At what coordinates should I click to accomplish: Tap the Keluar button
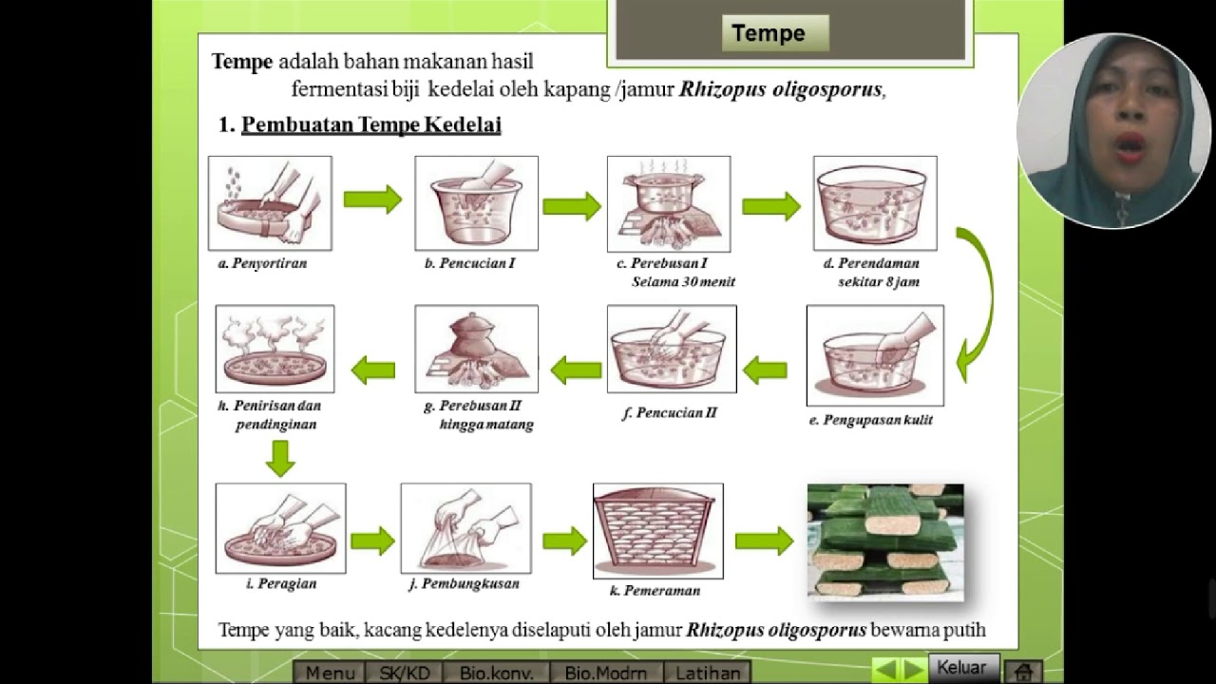(961, 667)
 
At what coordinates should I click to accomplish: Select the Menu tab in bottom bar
(330, 673)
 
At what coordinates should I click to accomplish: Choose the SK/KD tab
(405, 673)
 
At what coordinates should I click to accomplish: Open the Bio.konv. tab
(496, 673)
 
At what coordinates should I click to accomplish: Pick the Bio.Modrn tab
(605, 673)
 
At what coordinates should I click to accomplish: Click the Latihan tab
(708, 673)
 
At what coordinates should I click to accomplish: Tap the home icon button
(1023, 671)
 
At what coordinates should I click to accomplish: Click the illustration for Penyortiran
(270, 203)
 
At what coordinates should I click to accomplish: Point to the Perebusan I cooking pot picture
(669, 203)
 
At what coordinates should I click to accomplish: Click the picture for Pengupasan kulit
(875, 355)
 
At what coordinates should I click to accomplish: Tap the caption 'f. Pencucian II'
(670, 413)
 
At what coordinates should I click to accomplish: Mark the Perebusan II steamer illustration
(476, 349)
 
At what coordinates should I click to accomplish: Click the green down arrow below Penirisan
(280, 457)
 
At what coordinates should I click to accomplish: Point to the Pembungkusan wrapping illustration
(465, 528)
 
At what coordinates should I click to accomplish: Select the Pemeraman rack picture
(657, 531)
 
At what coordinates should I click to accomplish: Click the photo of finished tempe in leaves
(885, 541)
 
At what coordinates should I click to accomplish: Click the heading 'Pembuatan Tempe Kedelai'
(370, 124)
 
